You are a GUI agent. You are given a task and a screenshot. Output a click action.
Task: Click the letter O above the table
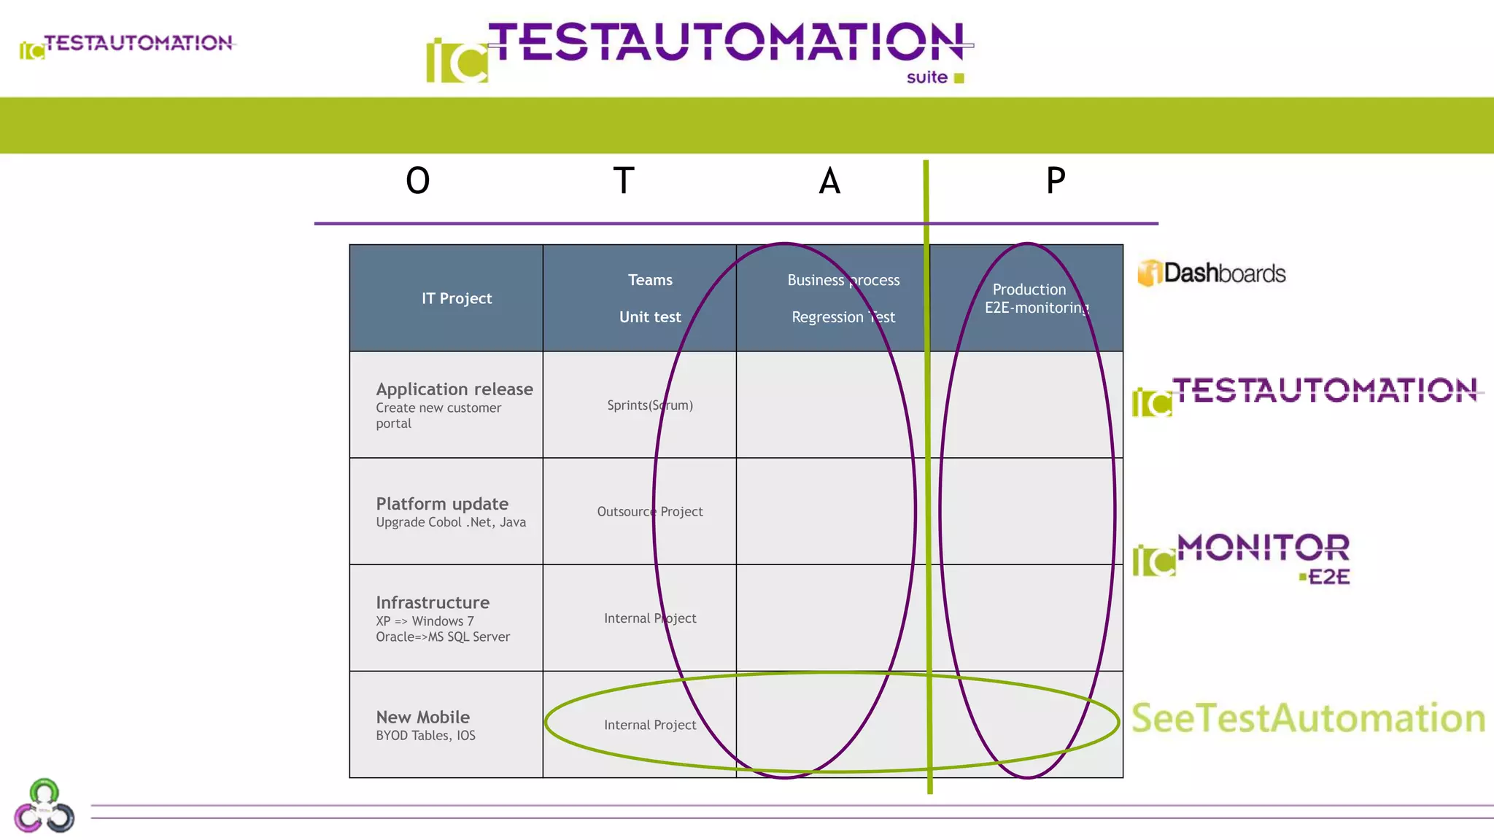tap(418, 181)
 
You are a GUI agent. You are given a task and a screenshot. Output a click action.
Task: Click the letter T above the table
tap(624, 181)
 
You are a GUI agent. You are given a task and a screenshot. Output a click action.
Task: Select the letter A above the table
tap(829, 181)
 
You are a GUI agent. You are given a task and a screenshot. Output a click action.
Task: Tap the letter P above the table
tap(1056, 181)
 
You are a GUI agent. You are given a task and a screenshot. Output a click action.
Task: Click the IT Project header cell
tap(457, 298)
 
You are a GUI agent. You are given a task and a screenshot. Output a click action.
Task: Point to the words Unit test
tap(650, 317)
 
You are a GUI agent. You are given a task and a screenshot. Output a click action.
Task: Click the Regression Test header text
tap(843, 317)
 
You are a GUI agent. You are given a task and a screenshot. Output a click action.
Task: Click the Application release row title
tap(454, 389)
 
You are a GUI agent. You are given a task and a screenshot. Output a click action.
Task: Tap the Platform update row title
tap(442, 504)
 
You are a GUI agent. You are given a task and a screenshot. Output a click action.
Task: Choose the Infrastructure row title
tap(433, 603)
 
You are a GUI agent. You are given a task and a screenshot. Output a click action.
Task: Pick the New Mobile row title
tap(423, 717)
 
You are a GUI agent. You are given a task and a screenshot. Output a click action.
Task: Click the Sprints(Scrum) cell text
tap(650, 405)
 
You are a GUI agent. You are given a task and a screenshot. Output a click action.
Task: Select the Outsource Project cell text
tap(650, 512)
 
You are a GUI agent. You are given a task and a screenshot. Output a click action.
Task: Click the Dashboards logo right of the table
tap(1212, 273)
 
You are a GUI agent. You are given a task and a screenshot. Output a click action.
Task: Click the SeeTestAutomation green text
tap(1308, 718)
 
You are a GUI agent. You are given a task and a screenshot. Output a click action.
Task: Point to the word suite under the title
tap(927, 77)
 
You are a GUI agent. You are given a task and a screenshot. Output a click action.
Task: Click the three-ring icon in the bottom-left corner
tap(44, 807)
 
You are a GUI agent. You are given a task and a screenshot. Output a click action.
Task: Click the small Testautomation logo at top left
tap(128, 45)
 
